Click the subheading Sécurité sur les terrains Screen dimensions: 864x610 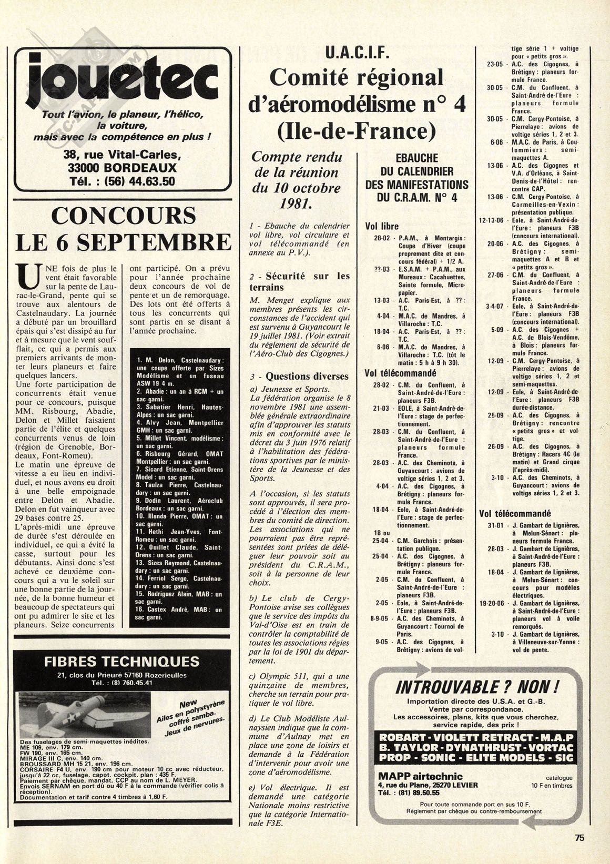tap(299, 281)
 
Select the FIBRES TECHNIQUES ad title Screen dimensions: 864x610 tap(121, 661)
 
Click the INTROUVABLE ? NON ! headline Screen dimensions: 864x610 tap(476, 687)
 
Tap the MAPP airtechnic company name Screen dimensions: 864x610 tap(420, 776)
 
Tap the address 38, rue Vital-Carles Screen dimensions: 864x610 tap(122, 155)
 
